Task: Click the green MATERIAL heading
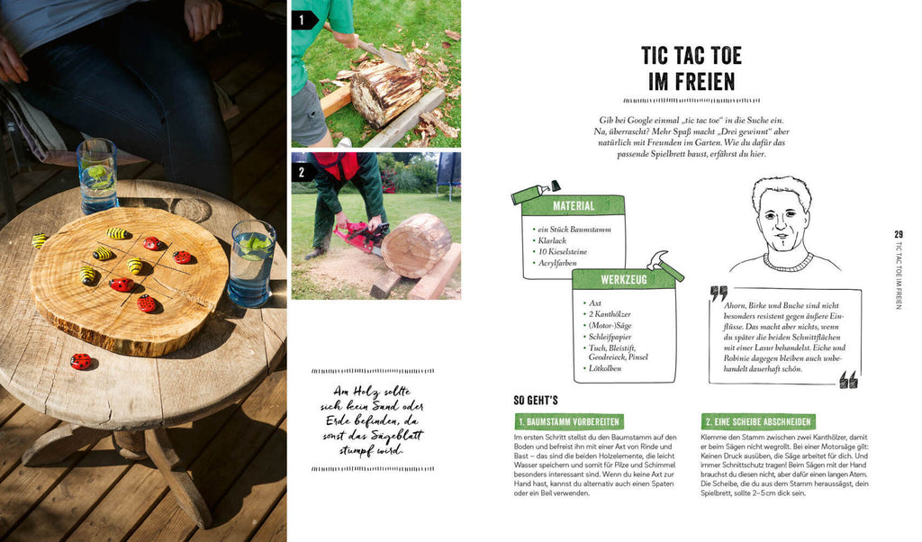coord(574,206)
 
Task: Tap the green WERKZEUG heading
coord(623,279)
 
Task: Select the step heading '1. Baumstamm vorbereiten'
coord(569,421)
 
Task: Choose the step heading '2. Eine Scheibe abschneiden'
coord(758,421)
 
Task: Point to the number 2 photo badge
coord(303,172)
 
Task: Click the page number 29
coord(899,234)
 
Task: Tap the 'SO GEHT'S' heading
coord(536,401)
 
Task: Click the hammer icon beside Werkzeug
coord(665,266)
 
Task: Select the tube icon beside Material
coord(534,193)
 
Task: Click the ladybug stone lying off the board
coord(80,362)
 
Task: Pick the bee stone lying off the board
coord(40,239)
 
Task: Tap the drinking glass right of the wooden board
coord(252,264)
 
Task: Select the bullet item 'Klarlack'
coord(552,240)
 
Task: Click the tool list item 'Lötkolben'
coord(605,368)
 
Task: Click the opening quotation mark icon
coord(719,294)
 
